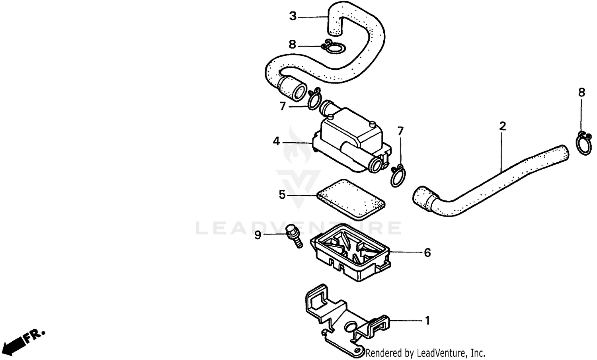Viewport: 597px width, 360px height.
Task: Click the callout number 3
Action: [x=293, y=16]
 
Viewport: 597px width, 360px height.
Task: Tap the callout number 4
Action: [x=276, y=141]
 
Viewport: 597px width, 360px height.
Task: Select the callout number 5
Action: [x=282, y=195]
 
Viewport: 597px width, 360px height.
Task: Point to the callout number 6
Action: [x=427, y=252]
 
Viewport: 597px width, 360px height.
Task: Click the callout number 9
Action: [x=258, y=235]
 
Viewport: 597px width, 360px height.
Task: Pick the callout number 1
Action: [x=427, y=320]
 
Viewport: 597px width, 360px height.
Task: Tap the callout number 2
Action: [x=503, y=127]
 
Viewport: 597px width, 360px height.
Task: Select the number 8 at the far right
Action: [x=582, y=93]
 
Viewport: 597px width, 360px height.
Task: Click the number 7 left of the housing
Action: [x=283, y=106]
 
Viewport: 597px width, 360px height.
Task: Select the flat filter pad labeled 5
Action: [x=350, y=199]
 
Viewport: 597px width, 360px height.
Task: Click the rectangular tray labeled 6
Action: [x=350, y=255]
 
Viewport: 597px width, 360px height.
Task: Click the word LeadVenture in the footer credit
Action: [x=441, y=353]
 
